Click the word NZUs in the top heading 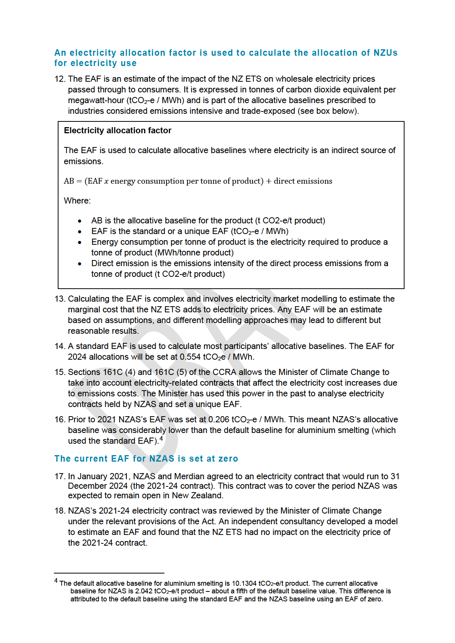pos(385,53)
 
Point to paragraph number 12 pos(60,79)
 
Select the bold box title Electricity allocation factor pos(118,131)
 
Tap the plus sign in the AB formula pos(268,181)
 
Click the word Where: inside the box pos(77,201)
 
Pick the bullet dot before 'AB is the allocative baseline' pos(80,221)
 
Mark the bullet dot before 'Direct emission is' pos(80,264)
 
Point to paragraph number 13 pos(60,299)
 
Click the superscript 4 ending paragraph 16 pos(161,439)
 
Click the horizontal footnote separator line pos(109,573)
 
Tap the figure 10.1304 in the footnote pos(244,583)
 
